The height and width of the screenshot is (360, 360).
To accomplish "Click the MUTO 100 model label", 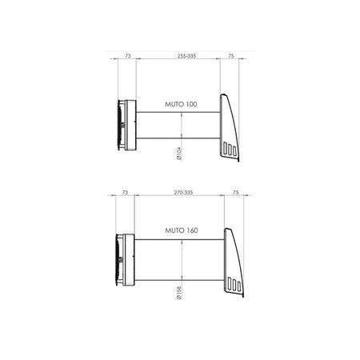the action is point(181,104).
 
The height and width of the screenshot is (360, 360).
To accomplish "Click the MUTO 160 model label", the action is point(182,230).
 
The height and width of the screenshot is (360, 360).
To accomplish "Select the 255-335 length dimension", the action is point(186,56).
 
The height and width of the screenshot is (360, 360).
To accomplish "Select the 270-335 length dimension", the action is point(183,193).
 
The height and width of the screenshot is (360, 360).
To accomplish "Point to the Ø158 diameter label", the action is point(179,293).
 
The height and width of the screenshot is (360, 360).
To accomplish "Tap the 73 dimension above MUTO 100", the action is point(128,56).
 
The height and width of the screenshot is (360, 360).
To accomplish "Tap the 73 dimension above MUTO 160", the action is point(125,193).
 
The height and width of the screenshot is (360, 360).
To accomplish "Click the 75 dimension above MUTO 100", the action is point(231,56).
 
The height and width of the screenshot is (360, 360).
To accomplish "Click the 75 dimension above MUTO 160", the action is point(235,193).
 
